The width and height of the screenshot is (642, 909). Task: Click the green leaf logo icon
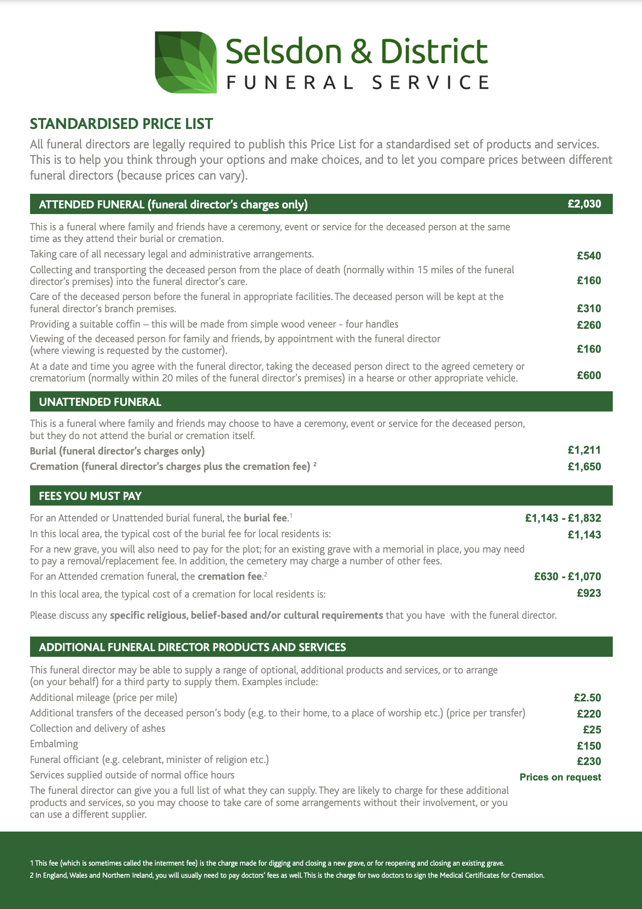[186, 62]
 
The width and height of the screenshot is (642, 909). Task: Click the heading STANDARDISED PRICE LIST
[121, 124]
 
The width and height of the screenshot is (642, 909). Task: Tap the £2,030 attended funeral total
[584, 204]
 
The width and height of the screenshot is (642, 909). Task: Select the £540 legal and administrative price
[588, 256]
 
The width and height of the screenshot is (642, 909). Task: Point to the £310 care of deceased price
[588, 309]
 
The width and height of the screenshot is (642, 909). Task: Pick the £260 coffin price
[588, 325]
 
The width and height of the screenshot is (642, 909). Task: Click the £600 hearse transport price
[588, 375]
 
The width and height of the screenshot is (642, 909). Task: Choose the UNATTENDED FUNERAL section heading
[100, 402]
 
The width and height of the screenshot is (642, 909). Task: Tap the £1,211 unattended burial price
[584, 450]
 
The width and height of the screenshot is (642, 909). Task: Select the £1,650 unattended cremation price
[584, 467]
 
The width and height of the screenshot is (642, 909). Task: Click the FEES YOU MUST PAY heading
[90, 496]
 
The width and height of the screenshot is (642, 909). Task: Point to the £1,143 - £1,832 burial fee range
[563, 518]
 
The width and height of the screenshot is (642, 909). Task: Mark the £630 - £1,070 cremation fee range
[567, 577]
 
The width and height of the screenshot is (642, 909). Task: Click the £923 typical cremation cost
[588, 593]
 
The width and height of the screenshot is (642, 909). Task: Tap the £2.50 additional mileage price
[587, 698]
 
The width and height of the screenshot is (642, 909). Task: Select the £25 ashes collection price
[592, 730]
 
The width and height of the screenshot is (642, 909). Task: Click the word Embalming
[54, 744]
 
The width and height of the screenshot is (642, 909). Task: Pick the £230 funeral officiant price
[588, 761]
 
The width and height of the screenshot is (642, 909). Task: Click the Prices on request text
[560, 777]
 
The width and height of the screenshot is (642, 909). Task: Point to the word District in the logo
[433, 51]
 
